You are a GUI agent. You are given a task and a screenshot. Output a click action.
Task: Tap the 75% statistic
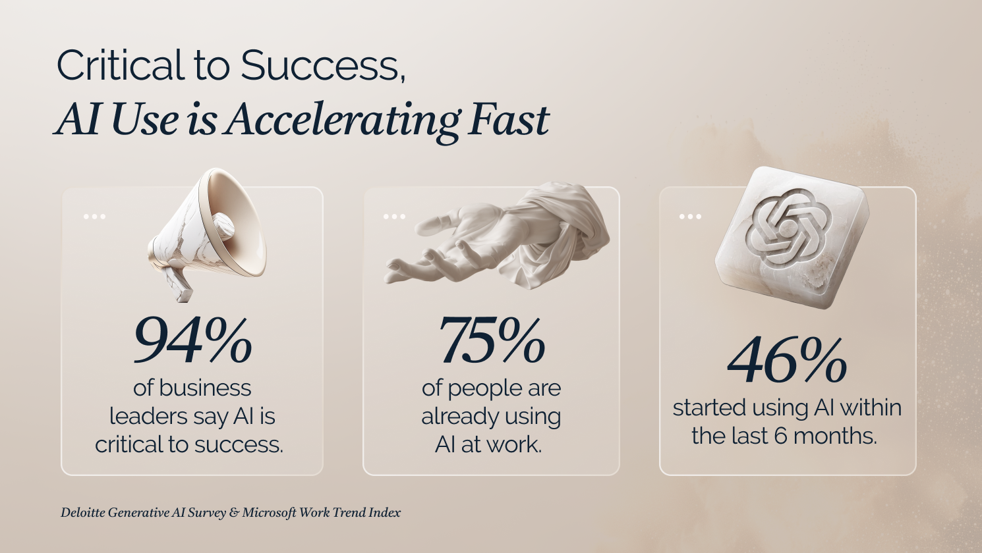[x=492, y=340]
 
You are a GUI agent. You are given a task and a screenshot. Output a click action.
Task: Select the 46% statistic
[x=787, y=361]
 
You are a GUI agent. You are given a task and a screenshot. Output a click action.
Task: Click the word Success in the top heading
[x=323, y=65]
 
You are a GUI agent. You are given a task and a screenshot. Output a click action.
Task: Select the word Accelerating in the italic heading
[x=343, y=121]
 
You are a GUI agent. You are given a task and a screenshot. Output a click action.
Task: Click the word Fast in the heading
[x=509, y=118]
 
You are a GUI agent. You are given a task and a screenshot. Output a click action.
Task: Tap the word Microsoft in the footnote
[x=269, y=513]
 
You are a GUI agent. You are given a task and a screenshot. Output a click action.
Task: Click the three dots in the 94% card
[x=94, y=217]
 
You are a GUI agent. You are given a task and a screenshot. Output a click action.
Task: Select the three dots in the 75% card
[x=394, y=217]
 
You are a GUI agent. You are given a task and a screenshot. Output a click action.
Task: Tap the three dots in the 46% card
[x=690, y=217]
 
